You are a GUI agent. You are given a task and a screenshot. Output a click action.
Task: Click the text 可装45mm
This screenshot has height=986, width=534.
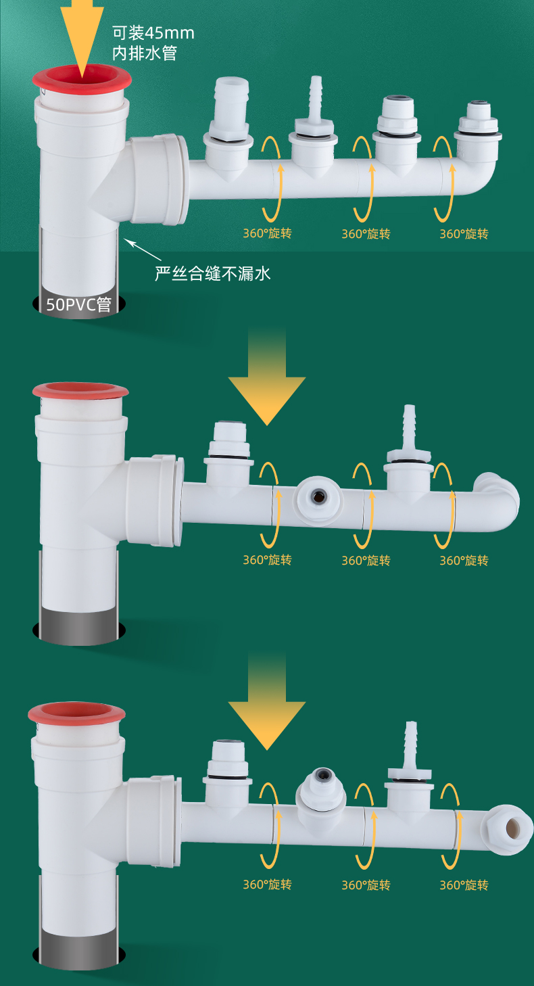(153, 33)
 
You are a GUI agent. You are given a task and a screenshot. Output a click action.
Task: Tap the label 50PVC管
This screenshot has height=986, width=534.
(78, 304)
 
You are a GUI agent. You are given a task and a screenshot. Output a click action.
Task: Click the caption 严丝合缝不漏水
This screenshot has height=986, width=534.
(213, 273)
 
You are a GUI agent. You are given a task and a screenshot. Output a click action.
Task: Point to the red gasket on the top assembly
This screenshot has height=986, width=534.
(82, 80)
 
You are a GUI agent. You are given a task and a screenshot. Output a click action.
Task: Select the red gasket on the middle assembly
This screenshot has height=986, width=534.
(80, 391)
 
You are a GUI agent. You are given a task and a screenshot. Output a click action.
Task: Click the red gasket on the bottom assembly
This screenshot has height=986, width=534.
(76, 712)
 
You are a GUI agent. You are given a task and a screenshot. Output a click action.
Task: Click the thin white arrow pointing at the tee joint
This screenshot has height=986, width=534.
(143, 249)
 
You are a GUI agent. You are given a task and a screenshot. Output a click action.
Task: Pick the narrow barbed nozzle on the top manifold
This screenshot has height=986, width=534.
(314, 101)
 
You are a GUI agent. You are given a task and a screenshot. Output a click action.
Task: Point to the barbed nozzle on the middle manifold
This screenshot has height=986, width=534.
(409, 433)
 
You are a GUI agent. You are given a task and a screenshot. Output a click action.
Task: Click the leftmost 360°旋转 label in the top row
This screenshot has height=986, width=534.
(268, 234)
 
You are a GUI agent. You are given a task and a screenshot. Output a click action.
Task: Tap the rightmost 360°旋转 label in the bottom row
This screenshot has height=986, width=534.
(464, 885)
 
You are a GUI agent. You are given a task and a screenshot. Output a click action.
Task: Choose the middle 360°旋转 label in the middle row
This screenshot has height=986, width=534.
(366, 560)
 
